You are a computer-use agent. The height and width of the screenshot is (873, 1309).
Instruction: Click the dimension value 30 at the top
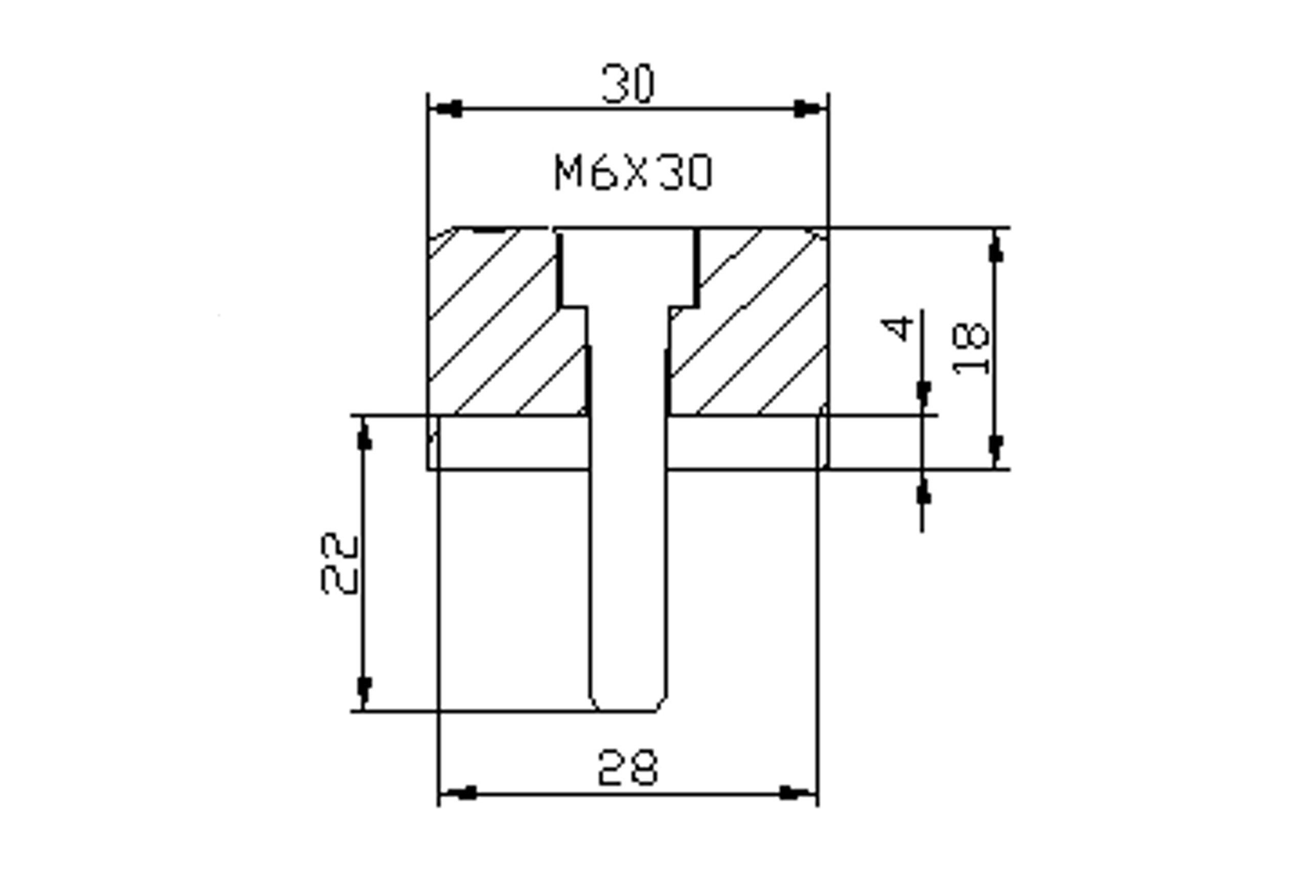coord(629,84)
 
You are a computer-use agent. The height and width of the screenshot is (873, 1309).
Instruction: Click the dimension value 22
coord(339,564)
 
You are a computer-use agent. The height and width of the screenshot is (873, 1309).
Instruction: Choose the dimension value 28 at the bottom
coord(628,768)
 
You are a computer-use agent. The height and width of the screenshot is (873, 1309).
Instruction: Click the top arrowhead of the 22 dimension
coord(364,433)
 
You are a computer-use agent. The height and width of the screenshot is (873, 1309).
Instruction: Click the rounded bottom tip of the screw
coord(628,703)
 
